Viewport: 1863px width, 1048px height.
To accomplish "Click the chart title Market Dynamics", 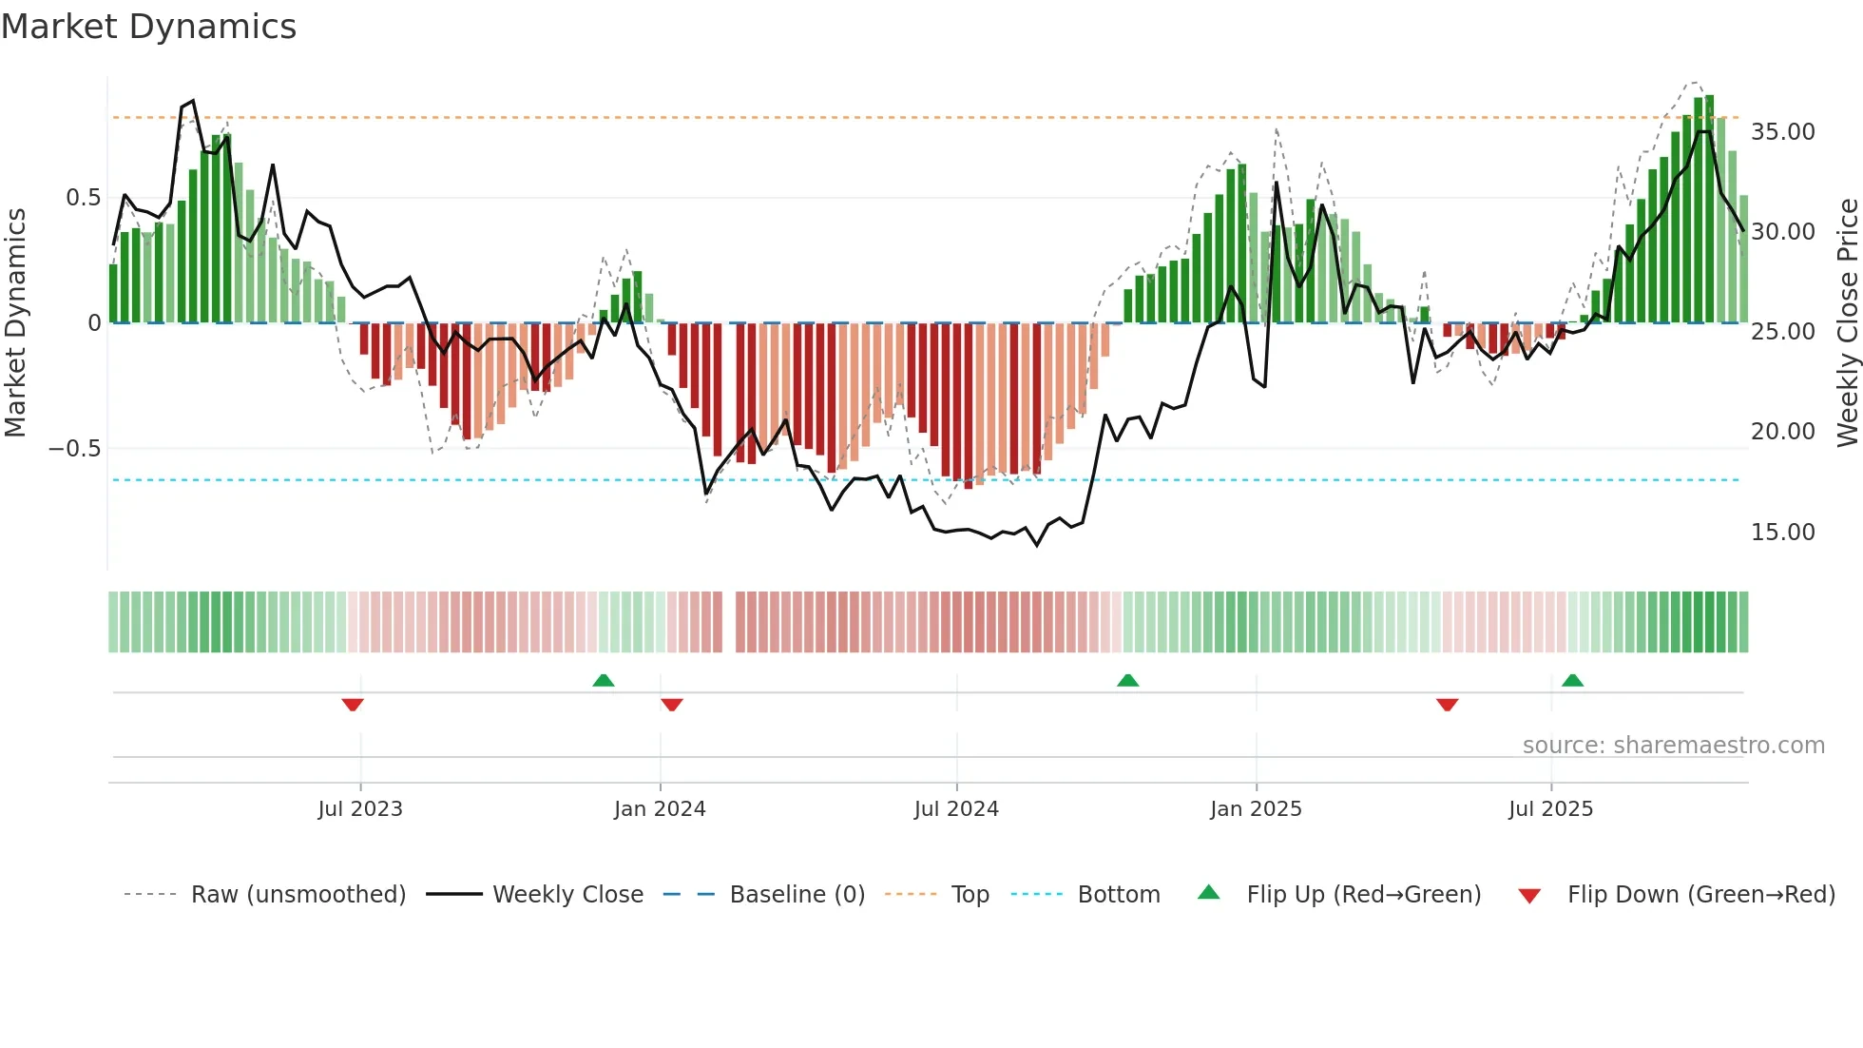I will (148, 27).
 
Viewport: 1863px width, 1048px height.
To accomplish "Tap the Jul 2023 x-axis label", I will (360, 809).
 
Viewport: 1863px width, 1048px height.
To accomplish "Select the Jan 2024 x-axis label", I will (660, 809).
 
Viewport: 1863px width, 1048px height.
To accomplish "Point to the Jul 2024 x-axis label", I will (956, 809).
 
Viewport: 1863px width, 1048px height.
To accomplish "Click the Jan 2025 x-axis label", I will (1256, 809).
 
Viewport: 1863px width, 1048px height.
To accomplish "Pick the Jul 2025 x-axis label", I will (1550, 809).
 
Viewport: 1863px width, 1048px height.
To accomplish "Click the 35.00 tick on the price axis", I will (1782, 132).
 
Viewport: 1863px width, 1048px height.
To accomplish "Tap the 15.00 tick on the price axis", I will (1782, 533).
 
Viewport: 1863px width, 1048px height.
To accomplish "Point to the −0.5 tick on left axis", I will (74, 449).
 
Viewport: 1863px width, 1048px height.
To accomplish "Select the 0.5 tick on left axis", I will (83, 198).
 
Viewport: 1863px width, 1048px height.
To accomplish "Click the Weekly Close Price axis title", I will (1847, 323).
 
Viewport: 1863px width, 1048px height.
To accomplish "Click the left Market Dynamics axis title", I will (15, 323).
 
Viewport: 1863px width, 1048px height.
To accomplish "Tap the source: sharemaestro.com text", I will (1673, 746).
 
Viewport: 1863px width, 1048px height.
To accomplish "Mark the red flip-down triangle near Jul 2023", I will (353, 705).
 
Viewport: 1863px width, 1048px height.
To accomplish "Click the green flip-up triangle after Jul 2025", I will (1572, 680).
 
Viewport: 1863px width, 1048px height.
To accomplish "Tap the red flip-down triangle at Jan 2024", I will (672, 705).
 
